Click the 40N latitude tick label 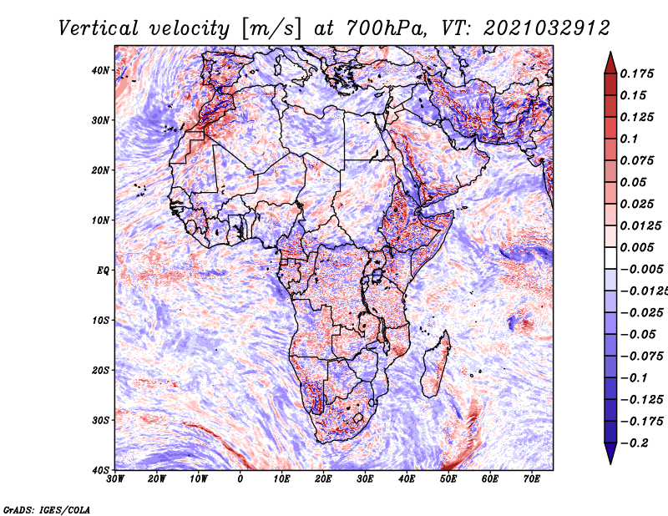click(x=100, y=70)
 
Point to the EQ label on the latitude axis click(x=102, y=270)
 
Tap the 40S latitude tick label click(x=100, y=469)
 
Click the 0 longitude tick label click(x=240, y=479)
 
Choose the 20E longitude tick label click(x=323, y=479)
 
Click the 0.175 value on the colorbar click(x=637, y=73)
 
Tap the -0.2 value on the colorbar click(x=634, y=443)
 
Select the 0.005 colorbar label click(x=637, y=247)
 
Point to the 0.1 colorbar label click(x=630, y=139)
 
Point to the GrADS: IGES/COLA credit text click(x=46, y=508)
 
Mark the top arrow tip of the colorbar click(x=610, y=52)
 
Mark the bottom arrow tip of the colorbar click(x=610, y=462)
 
